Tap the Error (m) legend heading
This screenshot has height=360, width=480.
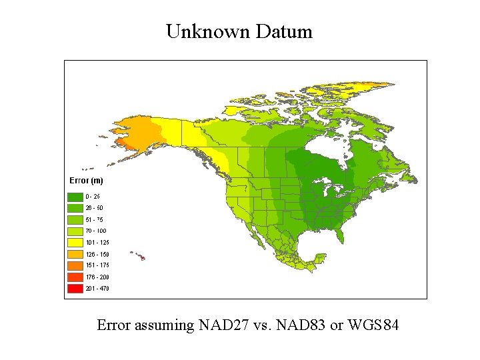click(x=86, y=181)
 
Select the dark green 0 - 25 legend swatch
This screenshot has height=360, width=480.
click(x=75, y=197)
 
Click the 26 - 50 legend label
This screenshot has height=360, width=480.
click(x=94, y=208)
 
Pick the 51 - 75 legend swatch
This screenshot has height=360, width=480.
click(x=75, y=219)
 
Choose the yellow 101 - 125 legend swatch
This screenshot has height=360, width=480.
click(x=75, y=243)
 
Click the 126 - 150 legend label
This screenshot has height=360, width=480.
click(x=97, y=254)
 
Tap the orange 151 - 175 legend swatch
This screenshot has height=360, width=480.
click(x=75, y=265)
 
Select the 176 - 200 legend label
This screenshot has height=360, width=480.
click(x=97, y=277)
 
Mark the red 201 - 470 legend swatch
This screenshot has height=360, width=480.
click(x=75, y=289)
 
